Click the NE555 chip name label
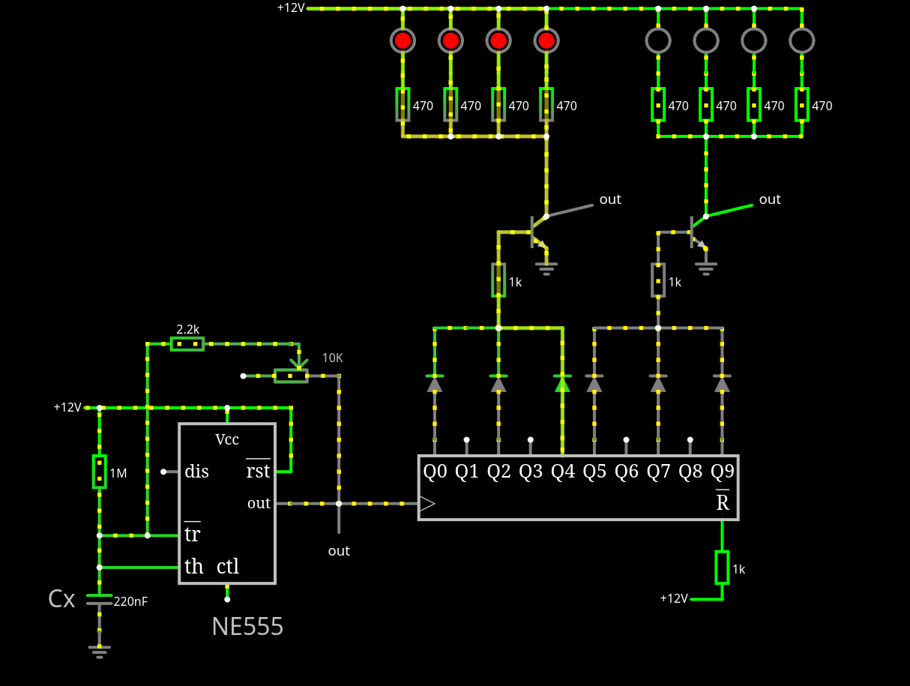pos(247,626)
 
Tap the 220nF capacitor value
pos(130,601)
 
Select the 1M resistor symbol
pos(100,472)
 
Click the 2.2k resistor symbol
pos(187,344)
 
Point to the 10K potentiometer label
pos(333,358)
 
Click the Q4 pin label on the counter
pos(563,472)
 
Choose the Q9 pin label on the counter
pos(723,472)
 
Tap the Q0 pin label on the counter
pos(435,472)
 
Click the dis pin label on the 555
pos(196,472)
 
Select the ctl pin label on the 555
pos(228,566)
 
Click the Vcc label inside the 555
pos(227,439)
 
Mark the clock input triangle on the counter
pos(427,504)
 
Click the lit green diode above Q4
pos(563,383)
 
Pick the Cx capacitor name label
pos(61,599)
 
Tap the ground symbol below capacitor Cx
pos(100,652)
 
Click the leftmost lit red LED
pos(403,40)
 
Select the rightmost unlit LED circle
pos(802,40)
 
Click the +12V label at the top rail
pos(291,8)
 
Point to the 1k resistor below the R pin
pos(722,568)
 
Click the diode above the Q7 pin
pos(658,383)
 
